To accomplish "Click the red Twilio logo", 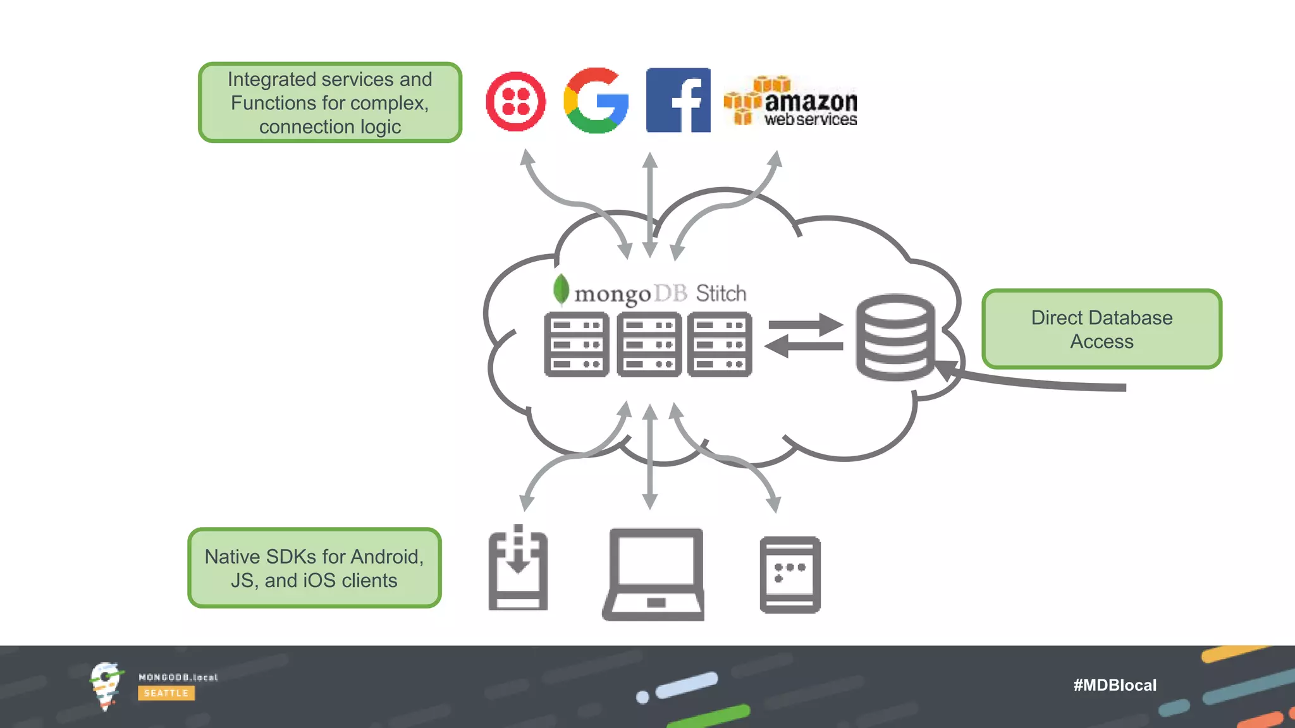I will [x=515, y=101].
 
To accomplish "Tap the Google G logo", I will [x=596, y=100].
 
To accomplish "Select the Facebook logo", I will [x=678, y=100].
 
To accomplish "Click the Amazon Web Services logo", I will [x=790, y=101].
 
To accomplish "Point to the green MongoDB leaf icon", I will [x=560, y=289].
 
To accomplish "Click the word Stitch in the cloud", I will [x=721, y=293].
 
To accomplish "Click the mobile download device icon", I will [x=518, y=568].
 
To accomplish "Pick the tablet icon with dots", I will [x=790, y=574].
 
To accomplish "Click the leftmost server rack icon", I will [x=576, y=344].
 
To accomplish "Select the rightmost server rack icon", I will [x=720, y=344].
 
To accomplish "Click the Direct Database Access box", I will [x=1102, y=329].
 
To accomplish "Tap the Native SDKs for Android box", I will [x=314, y=568].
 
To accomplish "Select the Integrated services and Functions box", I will [x=329, y=102].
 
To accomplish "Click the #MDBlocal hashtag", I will [x=1115, y=685].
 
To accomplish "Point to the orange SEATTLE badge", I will [x=166, y=693].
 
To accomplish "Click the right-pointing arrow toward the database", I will [x=806, y=325].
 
